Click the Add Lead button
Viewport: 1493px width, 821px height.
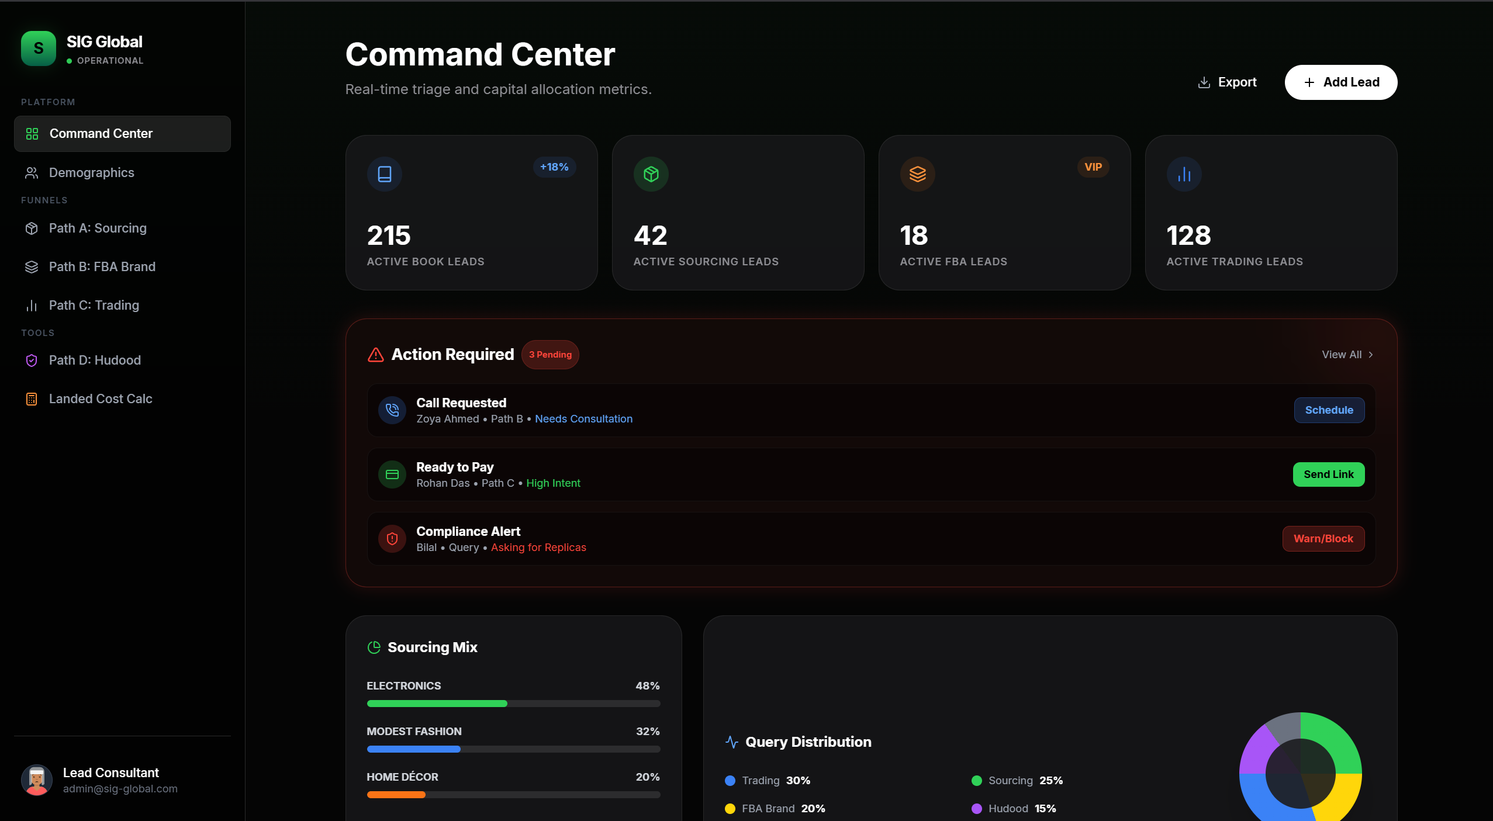pyautogui.click(x=1340, y=82)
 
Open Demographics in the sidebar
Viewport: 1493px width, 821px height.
pyautogui.click(x=91, y=173)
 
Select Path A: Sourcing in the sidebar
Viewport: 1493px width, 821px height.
pyautogui.click(x=97, y=228)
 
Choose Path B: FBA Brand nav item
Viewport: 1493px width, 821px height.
pyautogui.click(x=102, y=267)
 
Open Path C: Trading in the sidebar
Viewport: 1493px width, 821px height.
pyautogui.click(x=94, y=306)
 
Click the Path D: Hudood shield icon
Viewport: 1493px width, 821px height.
pyautogui.click(x=32, y=361)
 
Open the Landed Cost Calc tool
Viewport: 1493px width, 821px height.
pyautogui.click(x=100, y=399)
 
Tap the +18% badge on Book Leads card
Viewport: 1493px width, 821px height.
pyautogui.click(x=554, y=167)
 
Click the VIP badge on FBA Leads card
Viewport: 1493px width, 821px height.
pyautogui.click(x=1093, y=167)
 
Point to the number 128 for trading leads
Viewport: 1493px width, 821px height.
pyautogui.click(x=1188, y=235)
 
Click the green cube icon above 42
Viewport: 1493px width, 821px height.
pyautogui.click(x=651, y=174)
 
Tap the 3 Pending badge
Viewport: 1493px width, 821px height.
pyautogui.click(x=549, y=355)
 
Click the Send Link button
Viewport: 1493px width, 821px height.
pyautogui.click(x=1328, y=474)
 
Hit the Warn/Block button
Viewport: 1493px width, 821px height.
pyautogui.click(x=1323, y=539)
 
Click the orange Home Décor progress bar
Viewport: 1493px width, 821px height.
pyautogui.click(x=396, y=795)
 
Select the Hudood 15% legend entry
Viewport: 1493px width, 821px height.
pyautogui.click(x=1014, y=809)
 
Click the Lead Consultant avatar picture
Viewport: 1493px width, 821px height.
pyautogui.click(x=37, y=780)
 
